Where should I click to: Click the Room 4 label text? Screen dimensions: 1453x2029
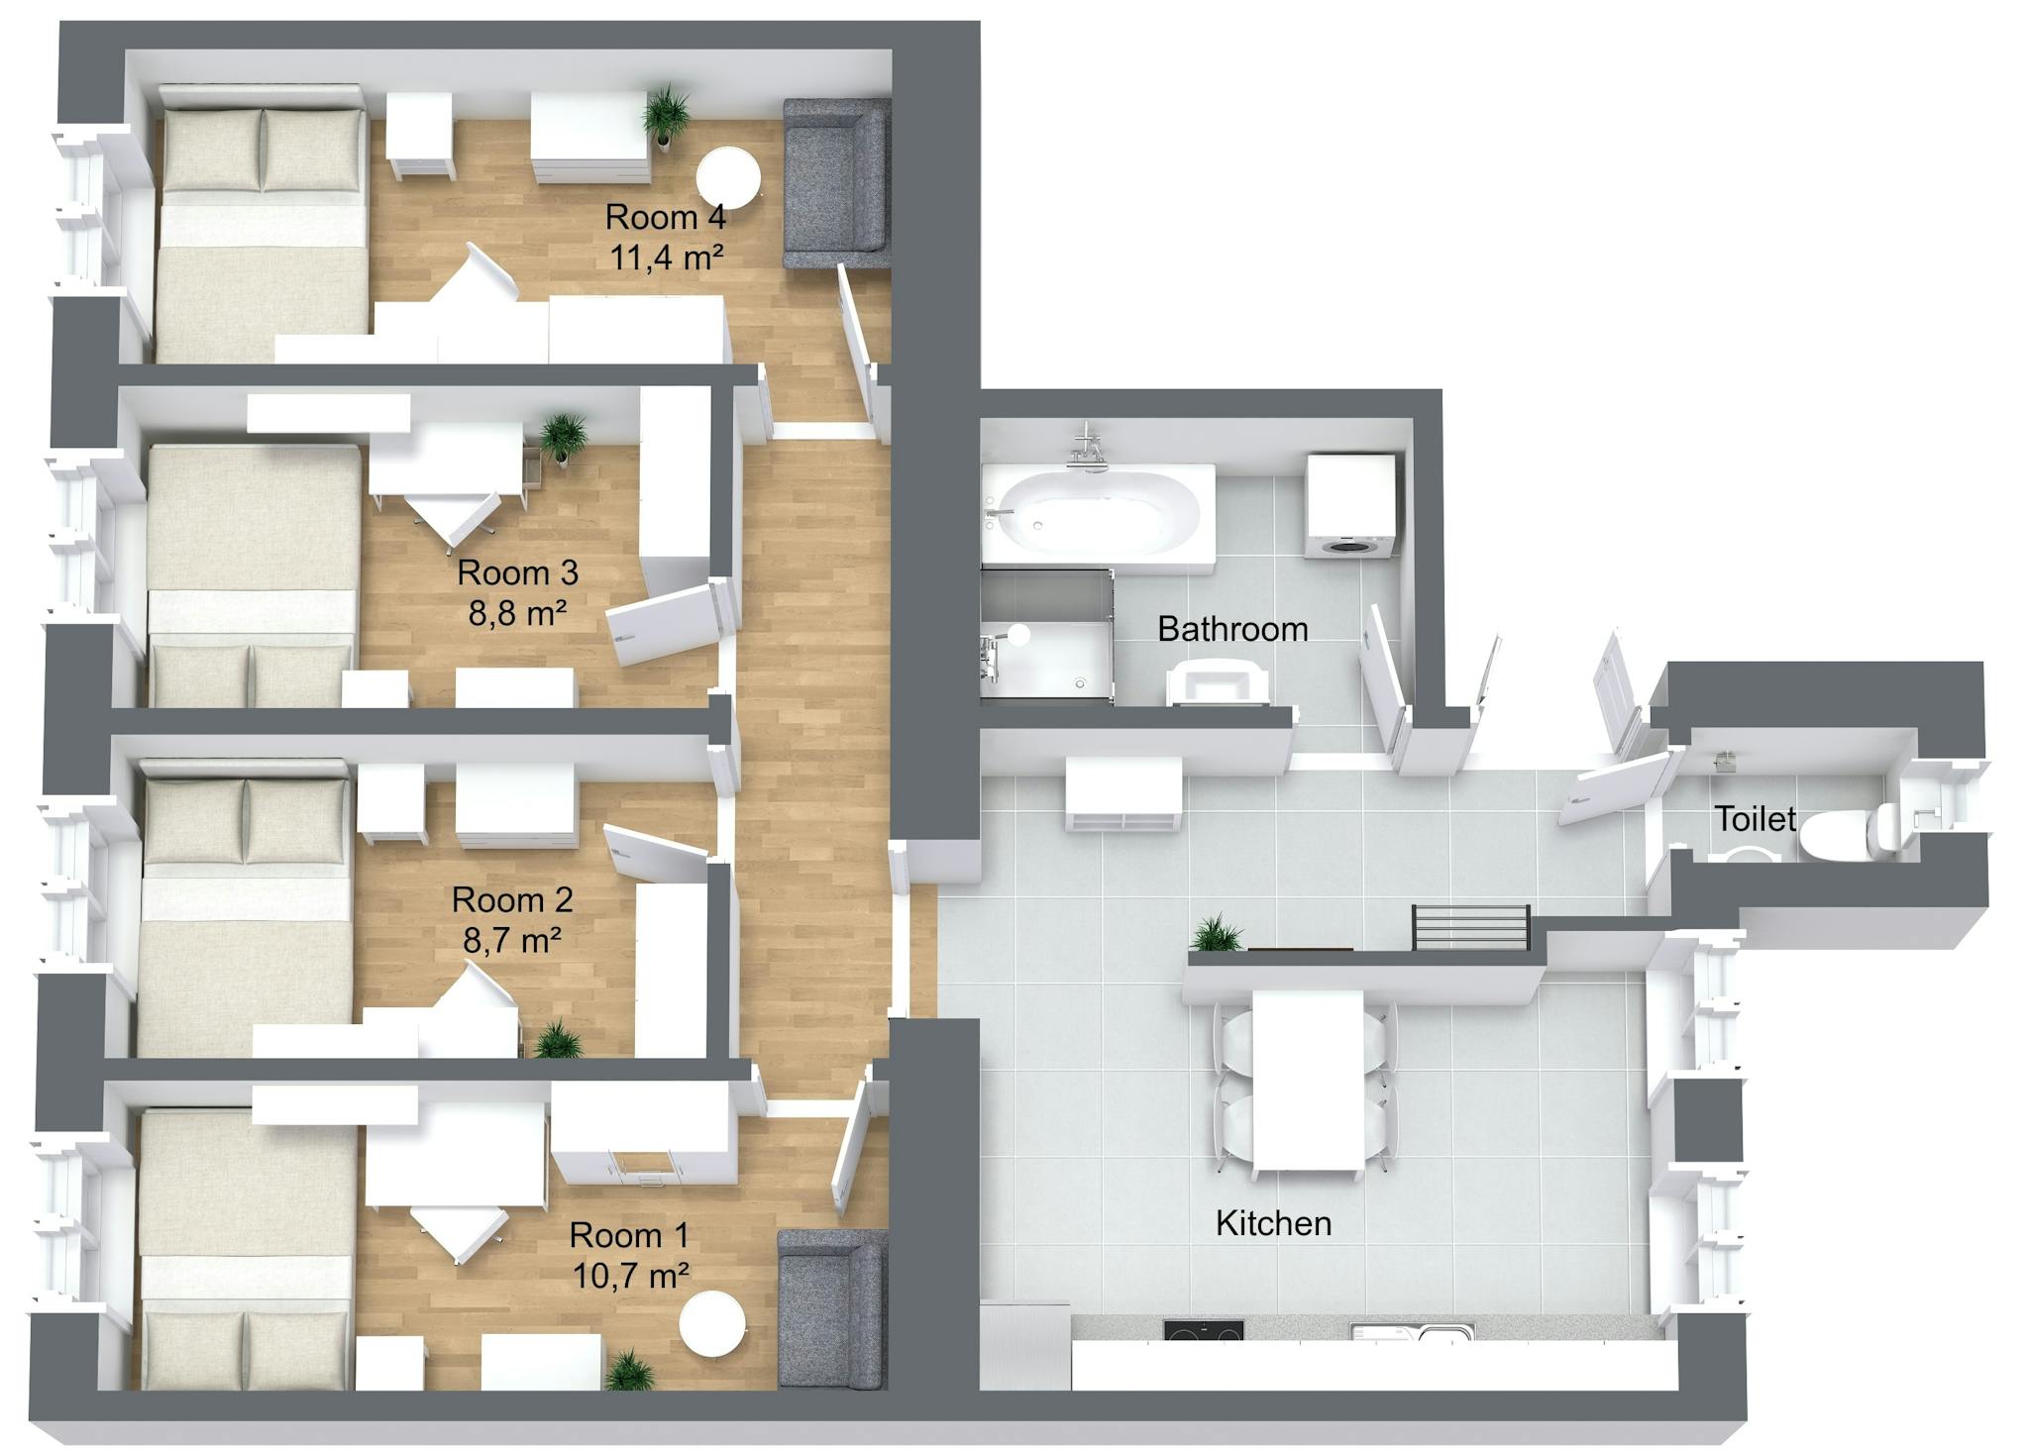click(x=665, y=217)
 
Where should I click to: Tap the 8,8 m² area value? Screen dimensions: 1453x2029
click(x=517, y=614)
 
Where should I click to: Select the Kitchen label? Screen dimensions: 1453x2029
click(x=1273, y=1223)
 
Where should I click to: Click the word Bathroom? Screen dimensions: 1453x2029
click(x=1232, y=629)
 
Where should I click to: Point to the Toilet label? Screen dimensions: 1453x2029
click(x=1755, y=819)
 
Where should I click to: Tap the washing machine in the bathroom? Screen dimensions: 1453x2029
click(x=1350, y=506)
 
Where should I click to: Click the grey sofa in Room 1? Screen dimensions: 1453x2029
click(x=830, y=1307)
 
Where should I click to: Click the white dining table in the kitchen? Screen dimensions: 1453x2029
click(x=1309, y=1080)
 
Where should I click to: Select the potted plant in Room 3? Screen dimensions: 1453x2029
click(x=564, y=436)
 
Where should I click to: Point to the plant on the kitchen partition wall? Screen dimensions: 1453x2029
click(x=1217, y=934)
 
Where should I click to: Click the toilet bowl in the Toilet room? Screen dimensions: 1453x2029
click(x=1847, y=830)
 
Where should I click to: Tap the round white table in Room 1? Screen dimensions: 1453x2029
click(x=711, y=1323)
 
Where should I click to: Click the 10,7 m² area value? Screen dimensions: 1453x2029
click(x=630, y=1276)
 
